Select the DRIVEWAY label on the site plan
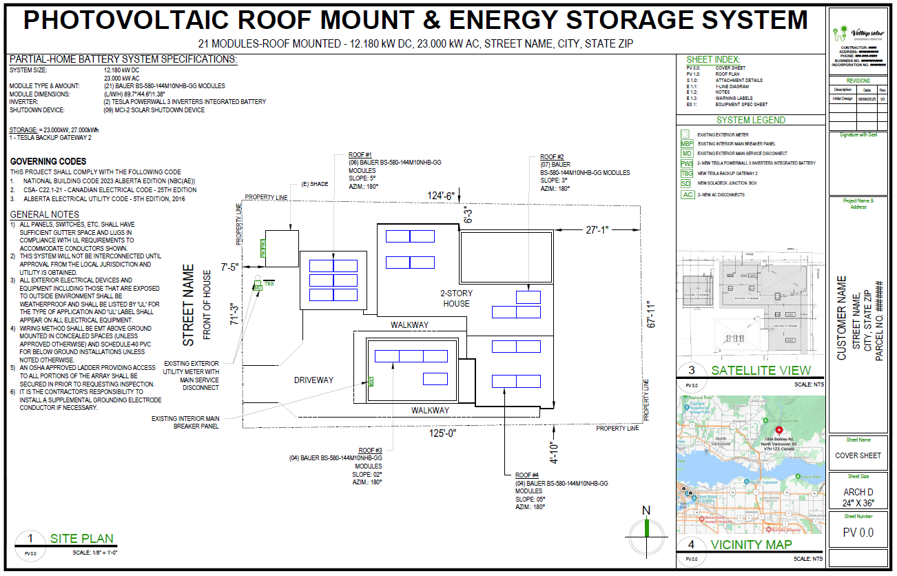pyautogui.click(x=313, y=380)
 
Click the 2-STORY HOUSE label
pyautogui.click(x=457, y=298)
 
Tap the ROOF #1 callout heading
pyautogui.click(x=360, y=154)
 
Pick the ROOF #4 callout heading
pyautogui.click(x=527, y=475)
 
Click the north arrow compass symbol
pyautogui.click(x=646, y=531)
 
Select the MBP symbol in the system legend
pyautogui.click(x=687, y=143)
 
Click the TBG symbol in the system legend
pyautogui.click(x=687, y=174)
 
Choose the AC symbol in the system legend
pyautogui.click(x=687, y=194)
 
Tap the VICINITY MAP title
pyautogui.click(x=751, y=545)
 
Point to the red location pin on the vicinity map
pyautogui.click(x=770, y=429)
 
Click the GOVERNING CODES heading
pyautogui.click(x=48, y=162)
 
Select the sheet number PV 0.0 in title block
pyautogui.click(x=858, y=533)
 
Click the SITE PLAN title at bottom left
pyautogui.click(x=81, y=539)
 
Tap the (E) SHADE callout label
pyautogui.click(x=314, y=184)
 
